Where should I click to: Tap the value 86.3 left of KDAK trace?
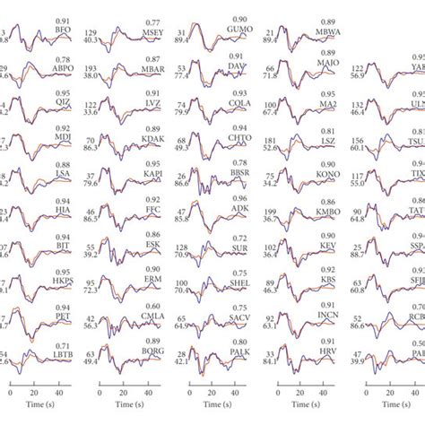click(x=116, y=143)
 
